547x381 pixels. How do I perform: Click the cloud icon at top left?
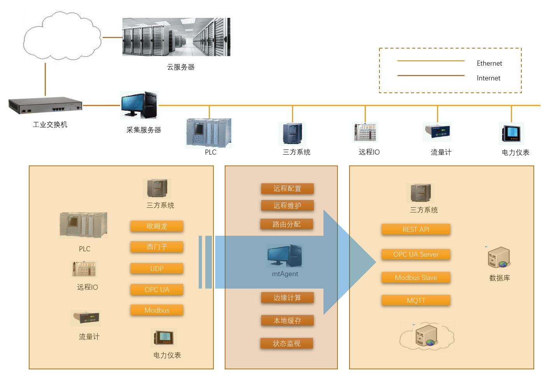(x=62, y=36)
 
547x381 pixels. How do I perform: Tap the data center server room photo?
(x=176, y=37)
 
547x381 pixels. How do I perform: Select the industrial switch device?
(x=45, y=105)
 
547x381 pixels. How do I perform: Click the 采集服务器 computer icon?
(x=139, y=105)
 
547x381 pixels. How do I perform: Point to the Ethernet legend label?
(x=489, y=63)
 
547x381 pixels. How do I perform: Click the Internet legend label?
(x=488, y=78)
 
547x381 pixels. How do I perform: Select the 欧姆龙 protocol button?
(x=157, y=226)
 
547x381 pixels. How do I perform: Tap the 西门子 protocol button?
(x=157, y=247)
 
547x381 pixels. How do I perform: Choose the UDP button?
(x=157, y=268)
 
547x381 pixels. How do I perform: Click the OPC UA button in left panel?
(x=157, y=289)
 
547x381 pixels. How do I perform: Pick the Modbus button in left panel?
(x=157, y=310)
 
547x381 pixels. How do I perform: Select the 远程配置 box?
(x=287, y=188)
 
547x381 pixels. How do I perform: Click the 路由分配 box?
(x=287, y=224)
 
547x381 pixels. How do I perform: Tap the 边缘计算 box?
(x=287, y=297)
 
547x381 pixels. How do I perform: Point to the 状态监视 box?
(x=287, y=343)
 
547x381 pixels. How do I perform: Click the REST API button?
(x=416, y=229)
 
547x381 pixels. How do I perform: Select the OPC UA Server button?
(x=416, y=254)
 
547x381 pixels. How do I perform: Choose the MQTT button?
(x=416, y=300)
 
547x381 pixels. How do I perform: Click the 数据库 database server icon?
(x=499, y=257)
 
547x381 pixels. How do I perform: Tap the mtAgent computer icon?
(x=285, y=256)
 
